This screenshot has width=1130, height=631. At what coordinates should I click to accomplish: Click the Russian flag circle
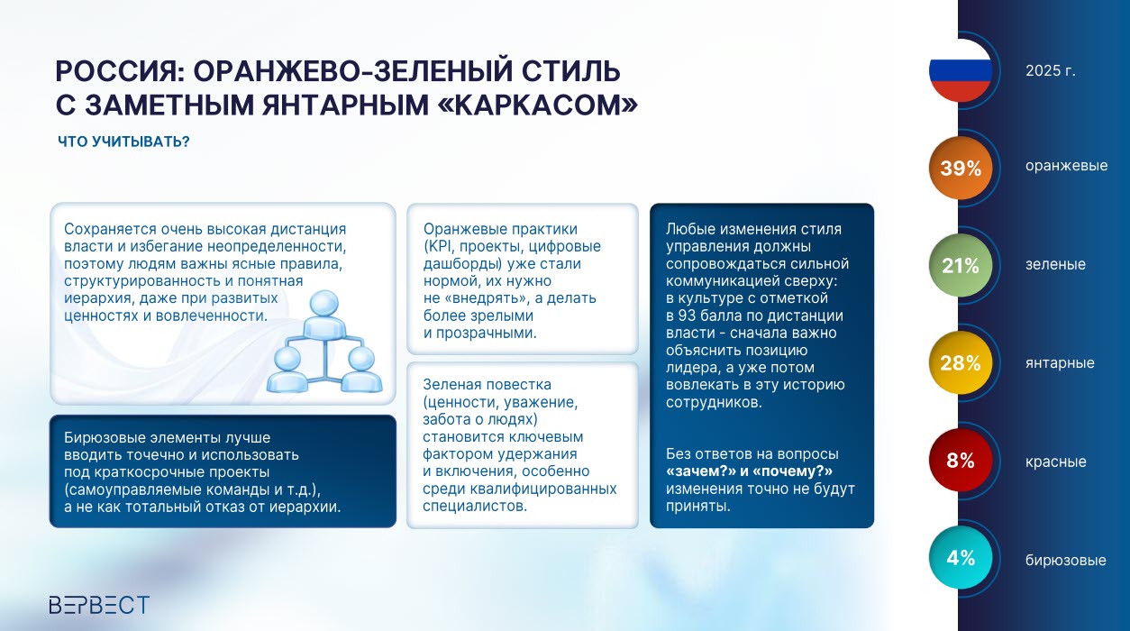pyautogui.click(x=961, y=70)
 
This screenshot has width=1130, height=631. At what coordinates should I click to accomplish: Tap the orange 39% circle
pyautogui.click(x=961, y=168)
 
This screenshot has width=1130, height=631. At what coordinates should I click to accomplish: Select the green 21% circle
pyautogui.click(x=961, y=265)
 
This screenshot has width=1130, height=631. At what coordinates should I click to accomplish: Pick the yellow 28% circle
pyautogui.click(x=961, y=362)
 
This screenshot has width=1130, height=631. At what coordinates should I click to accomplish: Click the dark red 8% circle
pyautogui.click(x=961, y=460)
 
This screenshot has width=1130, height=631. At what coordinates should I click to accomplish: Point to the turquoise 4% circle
pyautogui.click(x=961, y=557)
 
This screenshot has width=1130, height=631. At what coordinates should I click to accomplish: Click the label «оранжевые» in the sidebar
pyautogui.click(x=1066, y=166)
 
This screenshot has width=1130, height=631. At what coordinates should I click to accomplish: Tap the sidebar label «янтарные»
pyautogui.click(x=1060, y=362)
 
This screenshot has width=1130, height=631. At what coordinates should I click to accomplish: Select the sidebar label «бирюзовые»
pyautogui.click(x=1065, y=560)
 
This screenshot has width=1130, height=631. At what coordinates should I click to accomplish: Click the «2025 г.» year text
pyautogui.click(x=1051, y=70)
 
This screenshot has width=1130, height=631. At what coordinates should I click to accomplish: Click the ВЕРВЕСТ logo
pyautogui.click(x=99, y=604)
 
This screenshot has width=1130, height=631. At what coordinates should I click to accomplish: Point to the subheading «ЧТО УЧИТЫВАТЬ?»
pyautogui.click(x=123, y=142)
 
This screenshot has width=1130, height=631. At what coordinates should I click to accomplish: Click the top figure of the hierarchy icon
pyautogui.click(x=324, y=314)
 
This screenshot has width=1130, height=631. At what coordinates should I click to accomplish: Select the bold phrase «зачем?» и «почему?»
pyautogui.click(x=749, y=471)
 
